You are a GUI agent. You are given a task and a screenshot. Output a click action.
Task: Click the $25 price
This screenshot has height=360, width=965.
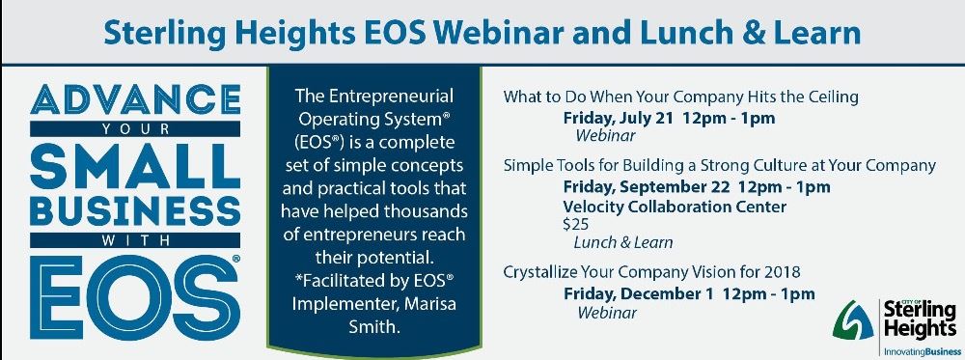pyautogui.click(x=575, y=224)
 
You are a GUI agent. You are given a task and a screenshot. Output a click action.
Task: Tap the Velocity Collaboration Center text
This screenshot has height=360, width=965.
pyautogui.click(x=675, y=207)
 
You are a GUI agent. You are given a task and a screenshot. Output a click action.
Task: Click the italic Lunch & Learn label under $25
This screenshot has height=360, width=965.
pyautogui.click(x=622, y=242)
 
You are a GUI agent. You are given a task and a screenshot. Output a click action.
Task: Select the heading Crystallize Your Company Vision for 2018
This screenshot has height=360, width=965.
pyautogui.click(x=652, y=271)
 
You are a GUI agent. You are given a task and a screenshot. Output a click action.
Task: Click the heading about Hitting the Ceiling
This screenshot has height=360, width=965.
pyautogui.click(x=680, y=97)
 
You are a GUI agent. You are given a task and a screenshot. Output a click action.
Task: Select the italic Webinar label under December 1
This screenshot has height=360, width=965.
pyautogui.click(x=607, y=313)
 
